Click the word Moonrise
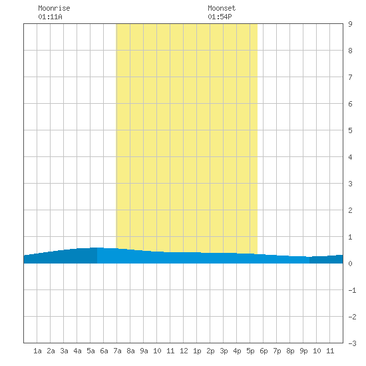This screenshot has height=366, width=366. coord(54,8)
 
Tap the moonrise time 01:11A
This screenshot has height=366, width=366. coord(50,17)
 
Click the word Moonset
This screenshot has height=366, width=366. coord(222,8)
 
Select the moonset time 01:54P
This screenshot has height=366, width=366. coord(220,17)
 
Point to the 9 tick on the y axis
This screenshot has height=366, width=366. coord(350,24)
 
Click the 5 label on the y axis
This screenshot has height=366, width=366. coord(350,130)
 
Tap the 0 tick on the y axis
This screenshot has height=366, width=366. coord(350,264)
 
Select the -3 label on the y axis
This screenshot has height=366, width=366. coord(353,343)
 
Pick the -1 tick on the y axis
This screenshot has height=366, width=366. coord(353,290)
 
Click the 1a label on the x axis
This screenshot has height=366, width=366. coord(37,351)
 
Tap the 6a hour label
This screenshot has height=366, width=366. coord(104,351)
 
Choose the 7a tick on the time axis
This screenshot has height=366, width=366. coord(117,351)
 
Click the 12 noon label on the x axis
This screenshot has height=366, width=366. coord(184,351)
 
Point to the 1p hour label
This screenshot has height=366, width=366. coord(197,351)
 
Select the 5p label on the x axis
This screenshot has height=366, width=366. coord(250,351)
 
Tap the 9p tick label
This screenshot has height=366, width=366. coord(303,351)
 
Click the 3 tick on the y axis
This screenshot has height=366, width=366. coord(350,184)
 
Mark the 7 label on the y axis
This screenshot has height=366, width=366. coord(350,77)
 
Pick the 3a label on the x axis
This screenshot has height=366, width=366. coord(64,351)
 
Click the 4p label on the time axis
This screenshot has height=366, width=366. coord(237,351)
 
